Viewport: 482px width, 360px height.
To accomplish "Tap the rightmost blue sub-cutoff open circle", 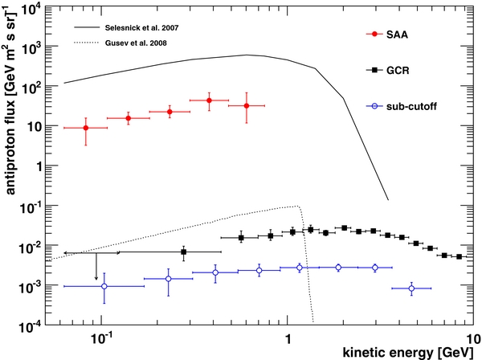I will click(411, 288).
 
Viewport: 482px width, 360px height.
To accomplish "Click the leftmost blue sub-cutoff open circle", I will click(104, 286).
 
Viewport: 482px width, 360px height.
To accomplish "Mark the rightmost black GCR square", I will click(460, 257).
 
